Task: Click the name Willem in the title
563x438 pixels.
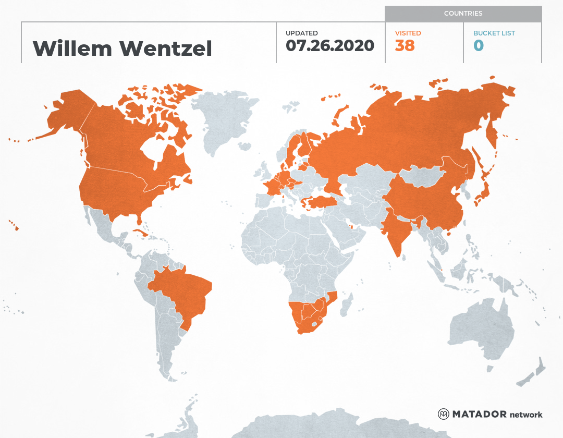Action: [x=72, y=48]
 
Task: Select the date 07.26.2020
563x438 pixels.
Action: [x=330, y=46]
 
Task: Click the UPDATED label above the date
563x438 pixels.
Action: [x=301, y=33]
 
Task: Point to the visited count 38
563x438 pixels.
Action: [x=405, y=46]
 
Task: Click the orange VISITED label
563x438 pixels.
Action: [x=408, y=33]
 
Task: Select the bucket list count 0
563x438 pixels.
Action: [x=478, y=46]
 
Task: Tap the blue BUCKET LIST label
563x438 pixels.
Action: [x=494, y=33]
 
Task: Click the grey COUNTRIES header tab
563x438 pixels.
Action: [x=463, y=14]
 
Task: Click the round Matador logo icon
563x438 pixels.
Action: [x=443, y=414]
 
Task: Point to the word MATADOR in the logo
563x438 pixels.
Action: [x=479, y=415]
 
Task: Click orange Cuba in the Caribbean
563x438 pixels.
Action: [x=140, y=233]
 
